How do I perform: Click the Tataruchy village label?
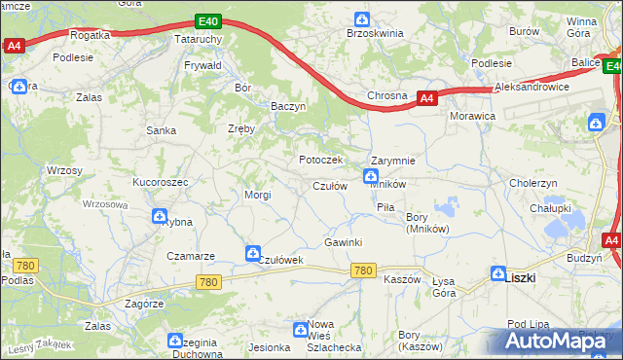coord(199,38)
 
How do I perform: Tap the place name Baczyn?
coord(288,105)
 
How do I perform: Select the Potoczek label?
coord(317,159)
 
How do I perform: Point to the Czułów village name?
coord(329,186)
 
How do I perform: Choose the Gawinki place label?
coord(343,242)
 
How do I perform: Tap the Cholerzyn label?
coord(532,182)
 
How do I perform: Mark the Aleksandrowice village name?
coord(531,87)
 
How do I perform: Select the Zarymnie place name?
coord(393,161)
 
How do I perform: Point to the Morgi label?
coord(257,195)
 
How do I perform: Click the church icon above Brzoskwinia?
coord(362,18)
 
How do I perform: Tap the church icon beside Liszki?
coord(498,275)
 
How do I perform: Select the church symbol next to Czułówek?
coord(253,253)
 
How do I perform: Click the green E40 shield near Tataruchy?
coord(206,20)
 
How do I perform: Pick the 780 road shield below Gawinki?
coord(364,270)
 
